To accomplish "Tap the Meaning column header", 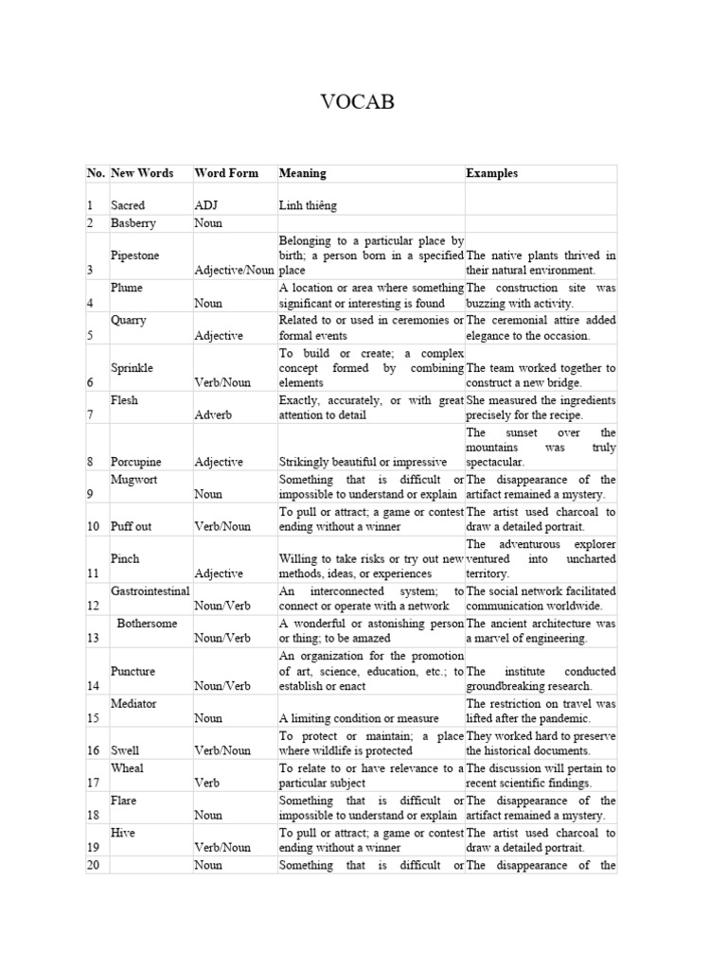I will [x=302, y=173].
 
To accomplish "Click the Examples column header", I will [x=491, y=173].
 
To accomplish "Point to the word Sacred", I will [x=128, y=205].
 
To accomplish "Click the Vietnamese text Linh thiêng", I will [x=308, y=205].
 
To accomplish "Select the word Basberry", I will [x=133, y=223].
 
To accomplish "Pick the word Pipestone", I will [x=134, y=255].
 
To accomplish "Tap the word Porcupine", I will [x=136, y=462].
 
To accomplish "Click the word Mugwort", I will [x=133, y=480].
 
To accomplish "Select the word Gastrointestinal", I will [x=151, y=590].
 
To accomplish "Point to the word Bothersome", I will [x=149, y=623].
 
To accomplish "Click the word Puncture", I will [x=133, y=671].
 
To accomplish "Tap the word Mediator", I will [x=133, y=704].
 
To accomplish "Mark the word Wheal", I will [x=127, y=768].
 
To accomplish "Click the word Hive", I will [x=124, y=833].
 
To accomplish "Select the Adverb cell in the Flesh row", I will [x=214, y=415].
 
